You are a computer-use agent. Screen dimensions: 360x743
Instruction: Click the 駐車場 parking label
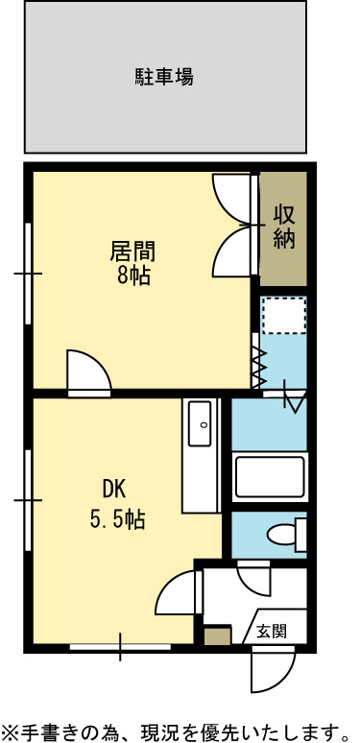(164, 77)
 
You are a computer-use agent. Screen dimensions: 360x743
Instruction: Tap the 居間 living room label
(133, 252)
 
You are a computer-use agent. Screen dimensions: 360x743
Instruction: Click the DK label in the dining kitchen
(114, 490)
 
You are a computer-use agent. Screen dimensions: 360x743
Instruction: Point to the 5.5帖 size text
(117, 520)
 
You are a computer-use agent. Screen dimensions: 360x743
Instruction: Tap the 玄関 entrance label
(272, 631)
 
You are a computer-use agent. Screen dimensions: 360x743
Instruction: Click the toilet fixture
(287, 535)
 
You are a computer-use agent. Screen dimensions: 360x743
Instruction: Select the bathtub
(270, 477)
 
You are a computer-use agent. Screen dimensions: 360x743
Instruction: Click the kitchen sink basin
(200, 423)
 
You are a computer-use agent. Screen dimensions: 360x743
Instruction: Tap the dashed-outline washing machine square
(285, 316)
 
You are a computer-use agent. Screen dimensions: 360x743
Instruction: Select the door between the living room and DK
(89, 372)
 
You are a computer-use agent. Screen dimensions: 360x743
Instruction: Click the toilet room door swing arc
(253, 579)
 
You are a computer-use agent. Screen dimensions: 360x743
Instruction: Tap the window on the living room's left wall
(28, 274)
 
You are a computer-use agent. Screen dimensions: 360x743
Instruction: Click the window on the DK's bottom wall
(120, 646)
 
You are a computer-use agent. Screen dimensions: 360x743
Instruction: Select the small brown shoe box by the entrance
(217, 635)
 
